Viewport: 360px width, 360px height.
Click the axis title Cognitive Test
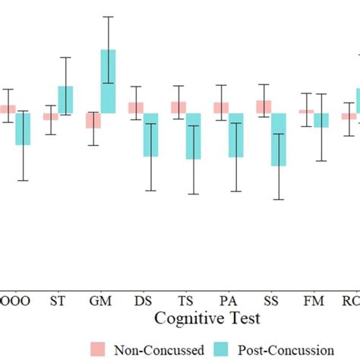coord(207,318)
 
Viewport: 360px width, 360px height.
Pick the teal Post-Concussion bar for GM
coord(109,81)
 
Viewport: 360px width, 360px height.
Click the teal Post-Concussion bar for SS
coord(279,139)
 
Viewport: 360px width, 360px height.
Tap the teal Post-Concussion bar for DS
coord(151,134)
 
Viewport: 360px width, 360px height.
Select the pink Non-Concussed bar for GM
coord(93,120)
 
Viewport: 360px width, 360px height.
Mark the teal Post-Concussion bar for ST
coord(66,99)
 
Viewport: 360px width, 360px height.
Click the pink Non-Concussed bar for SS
coord(264,107)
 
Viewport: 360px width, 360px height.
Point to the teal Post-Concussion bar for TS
coord(194,136)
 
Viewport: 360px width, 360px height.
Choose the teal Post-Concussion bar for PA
coord(236,134)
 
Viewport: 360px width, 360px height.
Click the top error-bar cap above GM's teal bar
coord(109,17)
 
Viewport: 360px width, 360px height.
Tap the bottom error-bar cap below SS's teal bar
coord(279,199)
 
